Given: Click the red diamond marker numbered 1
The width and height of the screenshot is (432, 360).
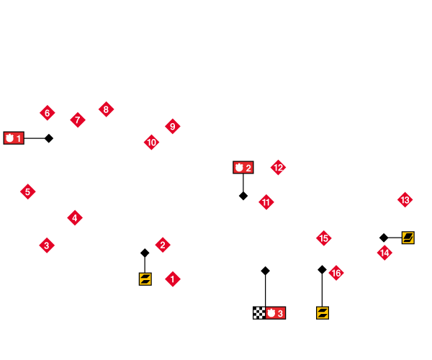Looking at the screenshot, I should [173, 279].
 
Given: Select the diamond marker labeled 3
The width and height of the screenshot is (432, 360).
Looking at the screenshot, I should [47, 246].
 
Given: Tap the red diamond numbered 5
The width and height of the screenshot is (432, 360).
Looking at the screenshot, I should [28, 192].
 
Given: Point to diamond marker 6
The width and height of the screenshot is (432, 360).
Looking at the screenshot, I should [48, 113].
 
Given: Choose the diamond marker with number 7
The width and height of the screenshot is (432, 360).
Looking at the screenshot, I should [78, 120].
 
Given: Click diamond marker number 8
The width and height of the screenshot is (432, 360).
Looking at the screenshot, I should [107, 109].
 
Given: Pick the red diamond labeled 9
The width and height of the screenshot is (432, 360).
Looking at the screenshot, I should [172, 127].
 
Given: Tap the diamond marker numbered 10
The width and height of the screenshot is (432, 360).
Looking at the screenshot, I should [152, 142].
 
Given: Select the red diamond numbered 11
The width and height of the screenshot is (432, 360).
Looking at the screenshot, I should [266, 202].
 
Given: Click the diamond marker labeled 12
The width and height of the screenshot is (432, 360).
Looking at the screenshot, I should [279, 168].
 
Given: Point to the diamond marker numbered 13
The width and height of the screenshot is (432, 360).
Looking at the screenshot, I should [405, 199].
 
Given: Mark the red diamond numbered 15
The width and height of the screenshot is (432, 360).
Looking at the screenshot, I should [324, 238].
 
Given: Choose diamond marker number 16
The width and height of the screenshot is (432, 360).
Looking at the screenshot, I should [336, 273].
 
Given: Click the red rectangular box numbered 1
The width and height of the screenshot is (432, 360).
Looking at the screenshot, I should [14, 138].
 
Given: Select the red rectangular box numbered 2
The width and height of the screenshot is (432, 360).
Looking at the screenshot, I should [243, 168].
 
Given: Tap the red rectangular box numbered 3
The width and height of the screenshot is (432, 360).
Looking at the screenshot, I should [276, 313].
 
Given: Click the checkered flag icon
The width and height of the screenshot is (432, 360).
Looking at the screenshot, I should [259, 313].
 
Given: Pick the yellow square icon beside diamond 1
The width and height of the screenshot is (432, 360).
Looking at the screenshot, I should [145, 279].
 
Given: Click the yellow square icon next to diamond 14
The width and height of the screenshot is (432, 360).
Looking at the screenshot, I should [408, 238].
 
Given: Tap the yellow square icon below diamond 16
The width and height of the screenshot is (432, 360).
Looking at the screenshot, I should [323, 313].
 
